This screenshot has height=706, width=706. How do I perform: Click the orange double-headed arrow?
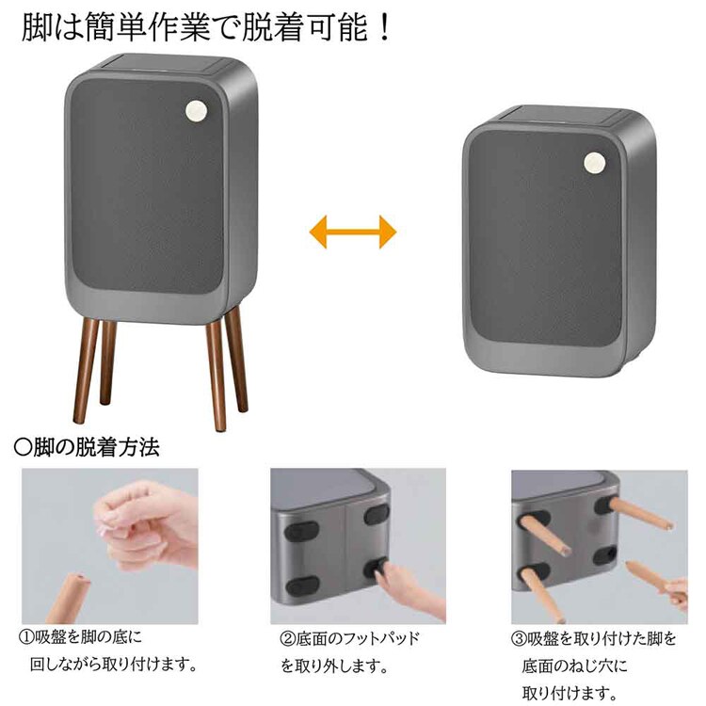pos(353,230)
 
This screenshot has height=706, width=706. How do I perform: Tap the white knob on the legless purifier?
pos(594,162)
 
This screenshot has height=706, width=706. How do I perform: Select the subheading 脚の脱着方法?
pos(89,445)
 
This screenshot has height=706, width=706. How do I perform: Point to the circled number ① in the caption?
pos(28,638)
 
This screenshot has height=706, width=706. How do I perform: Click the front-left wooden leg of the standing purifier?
pos(86,372)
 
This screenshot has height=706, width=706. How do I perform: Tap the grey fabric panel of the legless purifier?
pos(546,240)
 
